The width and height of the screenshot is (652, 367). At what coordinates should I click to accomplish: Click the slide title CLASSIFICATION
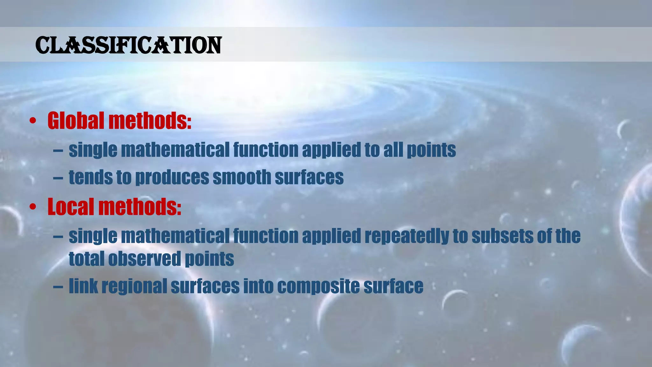point(128,45)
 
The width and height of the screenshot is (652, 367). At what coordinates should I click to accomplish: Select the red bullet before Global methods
point(33,121)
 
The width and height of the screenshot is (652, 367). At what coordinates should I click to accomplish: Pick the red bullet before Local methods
point(33,207)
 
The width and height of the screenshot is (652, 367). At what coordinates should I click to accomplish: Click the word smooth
point(242,177)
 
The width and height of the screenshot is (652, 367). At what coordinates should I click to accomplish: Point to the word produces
point(172,178)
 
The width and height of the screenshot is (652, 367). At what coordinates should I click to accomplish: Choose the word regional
point(134,286)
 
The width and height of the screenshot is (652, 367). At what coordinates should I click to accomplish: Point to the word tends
point(91,177)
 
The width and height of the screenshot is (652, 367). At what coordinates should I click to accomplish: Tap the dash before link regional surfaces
point(58,286)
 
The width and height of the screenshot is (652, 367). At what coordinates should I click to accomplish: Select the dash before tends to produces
point(58,178)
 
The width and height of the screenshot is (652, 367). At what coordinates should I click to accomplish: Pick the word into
point(258,286)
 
